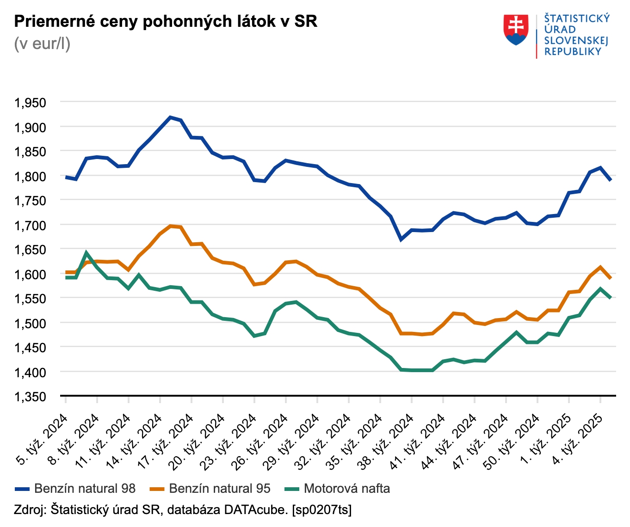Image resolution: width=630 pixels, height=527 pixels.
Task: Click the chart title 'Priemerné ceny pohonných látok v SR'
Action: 166,21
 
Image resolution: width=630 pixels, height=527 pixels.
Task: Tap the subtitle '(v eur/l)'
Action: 42,43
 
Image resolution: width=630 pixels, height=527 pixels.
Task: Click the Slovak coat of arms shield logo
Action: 516,30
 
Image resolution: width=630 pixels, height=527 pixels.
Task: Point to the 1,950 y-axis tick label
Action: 31,103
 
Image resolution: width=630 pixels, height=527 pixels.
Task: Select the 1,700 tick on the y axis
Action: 31,225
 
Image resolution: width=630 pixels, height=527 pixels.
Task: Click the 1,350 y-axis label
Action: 31,397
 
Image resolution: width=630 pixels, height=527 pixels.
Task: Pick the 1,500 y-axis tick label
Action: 31,323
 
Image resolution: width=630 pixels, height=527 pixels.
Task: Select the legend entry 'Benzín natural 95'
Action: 210,489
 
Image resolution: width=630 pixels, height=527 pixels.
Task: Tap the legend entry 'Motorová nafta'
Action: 338,489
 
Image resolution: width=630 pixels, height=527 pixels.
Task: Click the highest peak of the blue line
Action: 170,117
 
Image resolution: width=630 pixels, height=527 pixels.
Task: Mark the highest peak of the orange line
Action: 170,226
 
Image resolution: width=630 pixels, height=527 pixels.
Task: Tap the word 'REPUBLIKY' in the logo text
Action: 573,52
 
